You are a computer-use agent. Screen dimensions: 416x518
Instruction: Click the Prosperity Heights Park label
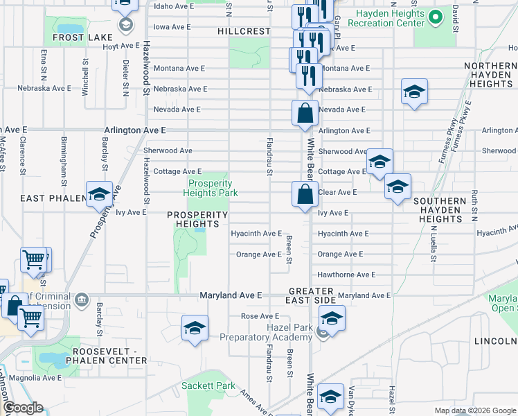click(x=208, y=188)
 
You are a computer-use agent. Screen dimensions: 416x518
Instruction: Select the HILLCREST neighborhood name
click(x=243, y=31)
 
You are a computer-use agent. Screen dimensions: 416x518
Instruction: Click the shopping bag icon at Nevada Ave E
click(x=305, y=112)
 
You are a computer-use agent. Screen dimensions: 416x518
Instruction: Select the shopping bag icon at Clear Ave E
click(x=305, y=195)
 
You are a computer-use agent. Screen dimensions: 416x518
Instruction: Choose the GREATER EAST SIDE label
click(x=312, y=295)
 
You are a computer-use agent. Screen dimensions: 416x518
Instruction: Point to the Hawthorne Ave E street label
click(x=346, y=275)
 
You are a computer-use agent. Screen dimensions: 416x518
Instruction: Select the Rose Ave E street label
click(x=259, y=316)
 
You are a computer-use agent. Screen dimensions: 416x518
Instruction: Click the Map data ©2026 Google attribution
click(x=474, y=410)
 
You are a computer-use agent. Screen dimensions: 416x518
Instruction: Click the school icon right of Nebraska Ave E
click(x=414, y=93)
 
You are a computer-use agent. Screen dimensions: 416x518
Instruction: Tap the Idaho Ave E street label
click(x=175, y=6)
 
